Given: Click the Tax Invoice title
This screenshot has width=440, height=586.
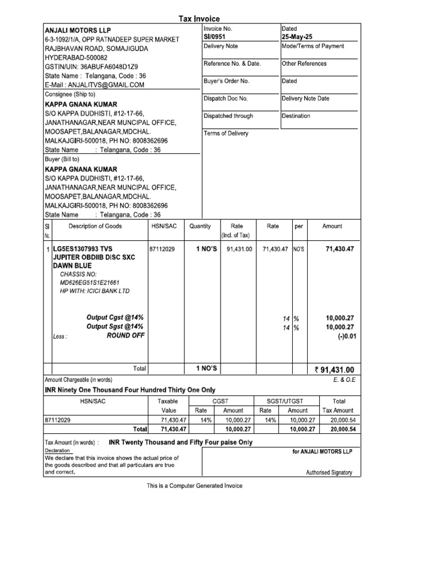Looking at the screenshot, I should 199,19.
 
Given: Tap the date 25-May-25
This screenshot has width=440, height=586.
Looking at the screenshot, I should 296,37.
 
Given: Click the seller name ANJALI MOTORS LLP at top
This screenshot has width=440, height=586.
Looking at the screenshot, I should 78,30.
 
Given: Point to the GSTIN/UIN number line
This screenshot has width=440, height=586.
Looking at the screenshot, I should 91,66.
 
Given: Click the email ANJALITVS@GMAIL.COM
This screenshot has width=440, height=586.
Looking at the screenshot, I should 95,85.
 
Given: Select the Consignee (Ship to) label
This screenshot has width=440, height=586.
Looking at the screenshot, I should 70,94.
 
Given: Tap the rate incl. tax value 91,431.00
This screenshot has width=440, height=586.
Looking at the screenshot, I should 239,250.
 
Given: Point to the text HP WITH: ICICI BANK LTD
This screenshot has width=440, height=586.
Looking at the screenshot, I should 95,291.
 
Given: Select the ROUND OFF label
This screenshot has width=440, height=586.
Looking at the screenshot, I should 125,335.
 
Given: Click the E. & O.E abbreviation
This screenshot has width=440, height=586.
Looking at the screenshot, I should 344,379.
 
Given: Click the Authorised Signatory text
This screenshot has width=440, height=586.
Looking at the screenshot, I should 329,473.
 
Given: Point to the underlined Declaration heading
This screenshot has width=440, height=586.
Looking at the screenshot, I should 58,450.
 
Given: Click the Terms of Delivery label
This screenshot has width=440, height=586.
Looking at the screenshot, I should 226,133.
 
